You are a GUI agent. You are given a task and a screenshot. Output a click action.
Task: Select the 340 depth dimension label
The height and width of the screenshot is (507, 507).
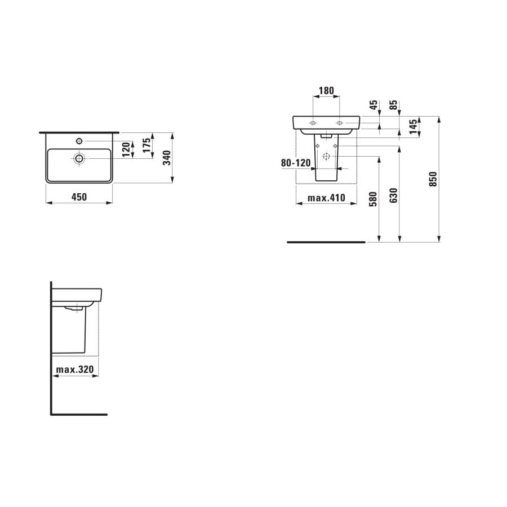point(166,158)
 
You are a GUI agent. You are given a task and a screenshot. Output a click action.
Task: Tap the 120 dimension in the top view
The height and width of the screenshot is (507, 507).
point(126,150)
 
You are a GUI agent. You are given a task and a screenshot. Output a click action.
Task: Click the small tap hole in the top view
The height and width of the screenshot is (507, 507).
point(79,140)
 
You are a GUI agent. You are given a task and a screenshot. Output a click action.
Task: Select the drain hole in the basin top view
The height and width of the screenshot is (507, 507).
point(79,158)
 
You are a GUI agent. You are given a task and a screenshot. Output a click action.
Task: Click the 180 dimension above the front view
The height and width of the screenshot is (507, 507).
point(326,90)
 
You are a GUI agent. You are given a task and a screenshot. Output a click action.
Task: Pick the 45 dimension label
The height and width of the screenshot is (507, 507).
point(373,105)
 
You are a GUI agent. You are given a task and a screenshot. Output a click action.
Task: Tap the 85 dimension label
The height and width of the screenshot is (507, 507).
point(393,105)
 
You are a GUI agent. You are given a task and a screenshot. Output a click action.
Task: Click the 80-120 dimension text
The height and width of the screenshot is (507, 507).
point(296,163)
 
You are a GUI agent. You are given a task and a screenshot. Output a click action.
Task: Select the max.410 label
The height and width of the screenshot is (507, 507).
point(326,198)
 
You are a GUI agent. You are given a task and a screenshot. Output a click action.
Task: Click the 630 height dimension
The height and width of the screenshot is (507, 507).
point(393,195)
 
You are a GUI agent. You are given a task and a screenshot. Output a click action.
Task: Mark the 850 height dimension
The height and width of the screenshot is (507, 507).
point(433,179)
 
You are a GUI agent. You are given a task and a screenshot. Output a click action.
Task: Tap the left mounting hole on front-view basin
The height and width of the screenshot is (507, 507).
point(313,122)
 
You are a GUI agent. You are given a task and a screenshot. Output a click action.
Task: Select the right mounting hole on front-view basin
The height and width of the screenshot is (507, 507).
point(340,122)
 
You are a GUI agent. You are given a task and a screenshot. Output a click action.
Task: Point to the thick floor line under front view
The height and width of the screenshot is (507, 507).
point(326,242)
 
